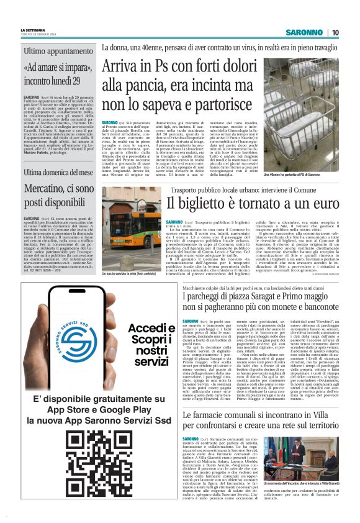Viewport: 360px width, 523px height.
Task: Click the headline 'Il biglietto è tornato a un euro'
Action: [x=251, y=202]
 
